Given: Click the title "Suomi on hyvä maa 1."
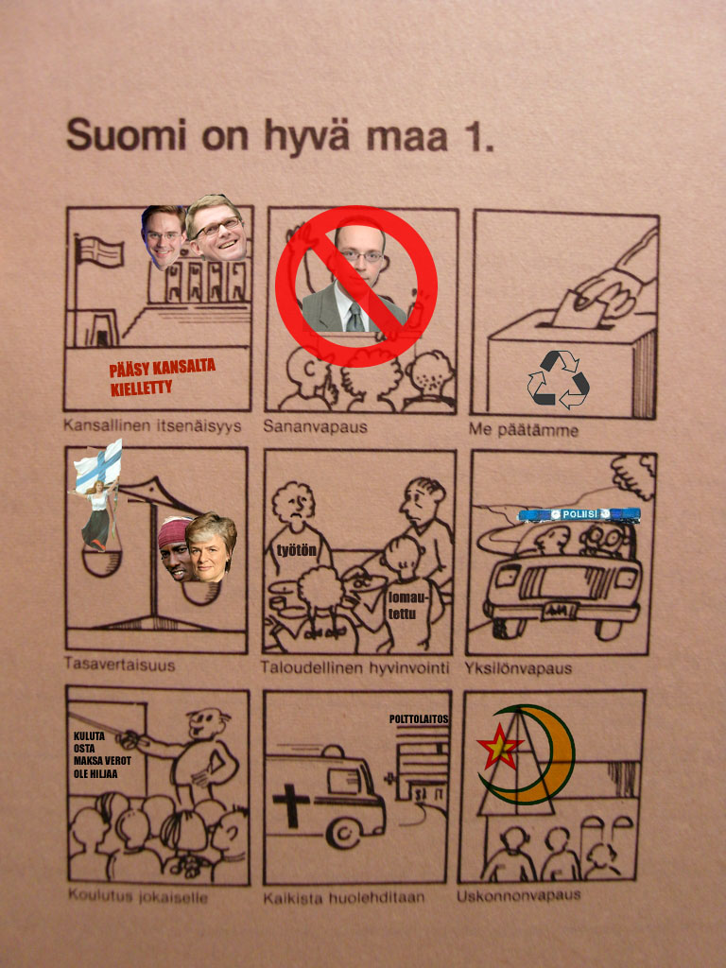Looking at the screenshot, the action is point(280,137).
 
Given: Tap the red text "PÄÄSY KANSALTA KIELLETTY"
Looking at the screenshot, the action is point(163,377).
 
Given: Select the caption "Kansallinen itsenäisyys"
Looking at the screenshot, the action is point(152,426).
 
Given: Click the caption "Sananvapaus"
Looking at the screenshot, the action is point(315,426).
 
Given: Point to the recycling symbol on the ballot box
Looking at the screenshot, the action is point(558,379).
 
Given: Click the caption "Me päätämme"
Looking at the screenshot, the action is point(524,430).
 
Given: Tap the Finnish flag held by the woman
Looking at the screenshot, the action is point(98,464).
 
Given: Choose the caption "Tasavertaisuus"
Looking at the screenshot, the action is point(120,665).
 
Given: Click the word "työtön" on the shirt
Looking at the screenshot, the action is point(296,550).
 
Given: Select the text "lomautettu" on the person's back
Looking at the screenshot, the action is point(403,606).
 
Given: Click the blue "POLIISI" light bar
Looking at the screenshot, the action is point(579,514).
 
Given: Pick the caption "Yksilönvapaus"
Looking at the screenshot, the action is point(518,668).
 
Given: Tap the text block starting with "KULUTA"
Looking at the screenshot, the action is point(102,755).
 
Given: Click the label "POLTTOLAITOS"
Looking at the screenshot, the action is point(419,719).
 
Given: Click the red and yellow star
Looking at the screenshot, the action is point(499,748).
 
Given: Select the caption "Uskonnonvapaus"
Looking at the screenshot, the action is point(519,896).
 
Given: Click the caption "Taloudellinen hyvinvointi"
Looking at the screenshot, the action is point(355,668).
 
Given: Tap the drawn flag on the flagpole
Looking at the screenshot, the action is point(100,251).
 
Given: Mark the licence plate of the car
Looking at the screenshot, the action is point(560,612).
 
